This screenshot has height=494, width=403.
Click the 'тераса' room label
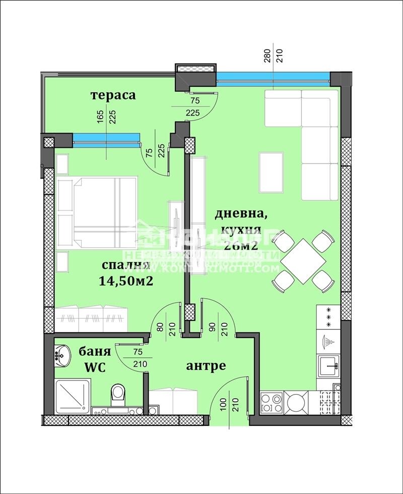click(x=113, y=95)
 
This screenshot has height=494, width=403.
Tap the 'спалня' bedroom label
click(x=125, y=266)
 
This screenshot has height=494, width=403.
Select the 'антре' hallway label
click(x=206, y=366)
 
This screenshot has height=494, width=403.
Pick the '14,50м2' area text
click(x=126, y=282)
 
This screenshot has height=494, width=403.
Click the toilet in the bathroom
click(x=118, y=394)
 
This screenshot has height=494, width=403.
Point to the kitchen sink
click(x=328, y=365)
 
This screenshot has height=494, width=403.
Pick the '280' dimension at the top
click(x=266, y=54)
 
